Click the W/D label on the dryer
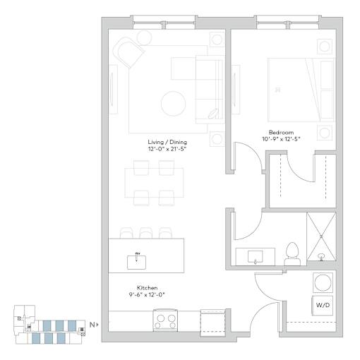[323, 306]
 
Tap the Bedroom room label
[281, 132]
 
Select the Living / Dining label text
[167, 142]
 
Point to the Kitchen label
[148, 288]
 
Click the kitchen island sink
[136, 262]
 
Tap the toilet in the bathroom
[292, 254]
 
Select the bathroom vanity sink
[256, 256]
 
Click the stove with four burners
[165, 320]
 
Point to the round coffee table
[173, 104]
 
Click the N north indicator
[93, 325]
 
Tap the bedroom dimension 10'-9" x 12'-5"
[281, 139]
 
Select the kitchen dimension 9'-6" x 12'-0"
[148, 294]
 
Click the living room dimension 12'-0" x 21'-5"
[167, 149]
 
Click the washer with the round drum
[323, 282]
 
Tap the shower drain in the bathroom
[320, 256]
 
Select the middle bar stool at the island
[146, 233]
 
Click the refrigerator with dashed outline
[212, 323]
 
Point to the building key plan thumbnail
[50, 325]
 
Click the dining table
[154, 183]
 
